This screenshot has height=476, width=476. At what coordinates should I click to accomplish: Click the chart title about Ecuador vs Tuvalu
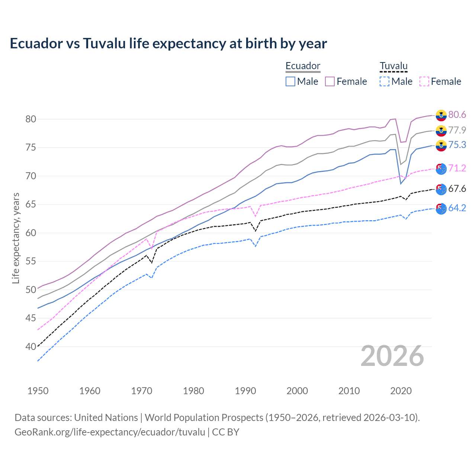click(x=168, y=44)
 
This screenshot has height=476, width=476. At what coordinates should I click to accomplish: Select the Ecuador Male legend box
click(x=290, y=81)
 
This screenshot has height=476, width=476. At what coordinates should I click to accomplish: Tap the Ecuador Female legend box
click(x=330, y=81)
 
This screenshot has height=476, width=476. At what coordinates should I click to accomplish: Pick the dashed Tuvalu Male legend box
click(x=385, y=81)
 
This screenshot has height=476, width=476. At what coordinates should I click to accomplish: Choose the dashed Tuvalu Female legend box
click(x=424, y=81)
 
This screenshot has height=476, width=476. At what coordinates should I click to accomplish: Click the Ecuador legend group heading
click(x=303, y=66)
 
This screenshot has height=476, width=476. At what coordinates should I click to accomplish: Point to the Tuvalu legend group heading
click(x=393, y=66)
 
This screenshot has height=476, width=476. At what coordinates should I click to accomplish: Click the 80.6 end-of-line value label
click(x=457, y=115)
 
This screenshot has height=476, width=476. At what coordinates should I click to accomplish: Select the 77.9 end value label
click(x=457, y=130)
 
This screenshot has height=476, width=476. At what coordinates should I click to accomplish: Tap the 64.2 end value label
click(x=457, y=208)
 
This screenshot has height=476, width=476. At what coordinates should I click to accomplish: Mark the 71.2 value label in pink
click(x=457, y=168)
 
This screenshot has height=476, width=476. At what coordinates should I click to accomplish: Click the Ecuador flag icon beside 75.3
click(x=441, y=146)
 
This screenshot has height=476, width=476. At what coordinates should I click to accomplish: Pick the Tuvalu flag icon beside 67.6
click(x=441, y=189)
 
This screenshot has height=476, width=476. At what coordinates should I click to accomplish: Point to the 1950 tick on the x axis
click(x=38, y=391)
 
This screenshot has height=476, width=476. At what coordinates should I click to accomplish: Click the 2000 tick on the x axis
click(x=297, y=391)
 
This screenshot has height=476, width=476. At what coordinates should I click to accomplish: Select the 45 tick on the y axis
click(x=30, y=318)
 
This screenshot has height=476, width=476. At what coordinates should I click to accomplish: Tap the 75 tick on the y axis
click(x=30, y=148)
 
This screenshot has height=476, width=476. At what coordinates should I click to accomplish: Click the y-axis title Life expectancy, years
click(x=16, y=238)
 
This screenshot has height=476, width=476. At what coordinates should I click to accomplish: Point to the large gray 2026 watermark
click(x=392, y=356)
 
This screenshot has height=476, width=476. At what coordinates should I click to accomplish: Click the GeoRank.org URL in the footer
click(x=110, y=432)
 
